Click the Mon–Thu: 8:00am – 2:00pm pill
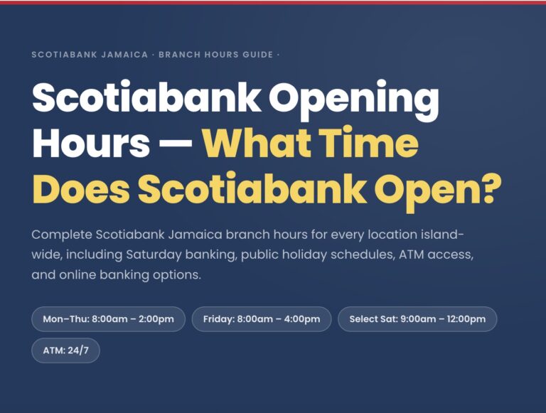108,319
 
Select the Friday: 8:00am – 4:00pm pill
262,319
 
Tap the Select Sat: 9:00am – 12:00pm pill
417,319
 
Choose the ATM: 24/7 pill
65,350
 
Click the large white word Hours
91,145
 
